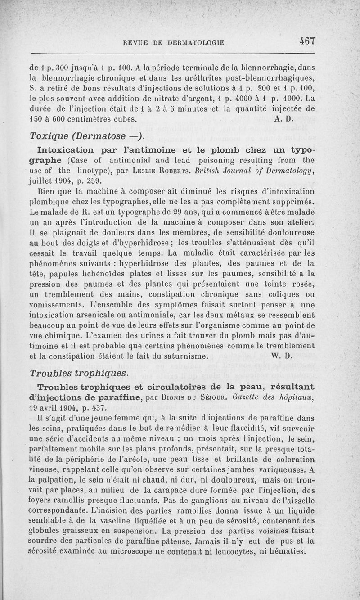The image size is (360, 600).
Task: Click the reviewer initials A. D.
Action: [x=283, y=120]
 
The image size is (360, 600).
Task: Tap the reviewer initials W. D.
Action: [x=282, y=356]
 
